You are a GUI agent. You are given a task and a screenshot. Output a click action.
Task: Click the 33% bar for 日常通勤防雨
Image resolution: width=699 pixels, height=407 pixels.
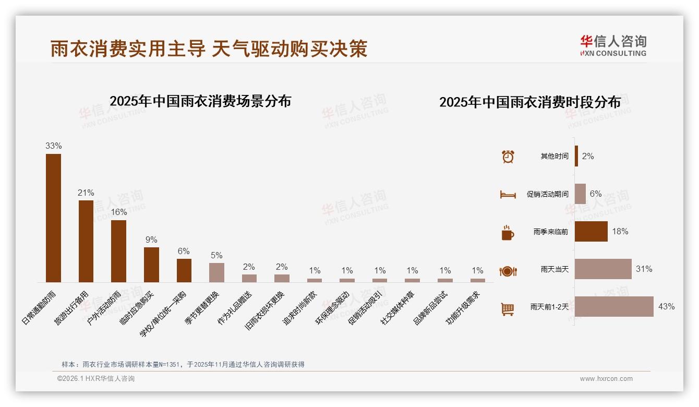(x=53, y=218)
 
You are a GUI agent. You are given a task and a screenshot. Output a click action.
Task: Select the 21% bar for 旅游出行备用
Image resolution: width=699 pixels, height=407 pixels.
(x=86, y=241)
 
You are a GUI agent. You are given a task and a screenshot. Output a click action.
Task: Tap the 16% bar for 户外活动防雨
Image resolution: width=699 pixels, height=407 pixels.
(x=118, y=251)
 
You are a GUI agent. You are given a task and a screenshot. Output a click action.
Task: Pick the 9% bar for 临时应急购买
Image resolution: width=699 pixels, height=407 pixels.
(x=151, y=265)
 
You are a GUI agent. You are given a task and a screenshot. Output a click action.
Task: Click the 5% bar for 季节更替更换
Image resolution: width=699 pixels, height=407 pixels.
(x=216, y=272)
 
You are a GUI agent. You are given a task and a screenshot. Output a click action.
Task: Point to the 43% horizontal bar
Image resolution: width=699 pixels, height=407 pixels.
(x=614, y=306)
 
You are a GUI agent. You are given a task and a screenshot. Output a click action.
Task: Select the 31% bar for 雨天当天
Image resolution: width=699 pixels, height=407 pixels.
(x=603, y=269)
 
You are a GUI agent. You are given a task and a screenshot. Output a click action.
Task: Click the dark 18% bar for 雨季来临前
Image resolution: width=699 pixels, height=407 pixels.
(x=591, y=231)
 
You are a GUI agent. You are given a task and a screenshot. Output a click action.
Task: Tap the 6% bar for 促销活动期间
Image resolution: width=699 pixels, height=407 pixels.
(x=580, y=194)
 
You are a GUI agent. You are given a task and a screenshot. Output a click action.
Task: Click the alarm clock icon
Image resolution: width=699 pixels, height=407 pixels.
(x=508, y=156)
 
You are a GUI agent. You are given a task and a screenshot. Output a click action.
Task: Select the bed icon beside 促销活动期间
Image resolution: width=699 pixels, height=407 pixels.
(x=508, y=194)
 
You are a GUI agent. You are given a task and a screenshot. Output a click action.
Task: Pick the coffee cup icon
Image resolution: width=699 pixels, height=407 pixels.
(x=508, y=232)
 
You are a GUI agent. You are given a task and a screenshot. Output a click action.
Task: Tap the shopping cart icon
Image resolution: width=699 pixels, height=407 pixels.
(x=508, y=309)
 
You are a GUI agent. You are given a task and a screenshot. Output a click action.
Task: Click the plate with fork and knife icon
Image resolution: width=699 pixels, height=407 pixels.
(x=508, y=271)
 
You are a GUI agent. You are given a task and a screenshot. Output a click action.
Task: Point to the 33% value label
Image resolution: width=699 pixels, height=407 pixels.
(x=53, y=146)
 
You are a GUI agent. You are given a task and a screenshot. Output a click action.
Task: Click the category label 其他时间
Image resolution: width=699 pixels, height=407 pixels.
(x=555, y=157)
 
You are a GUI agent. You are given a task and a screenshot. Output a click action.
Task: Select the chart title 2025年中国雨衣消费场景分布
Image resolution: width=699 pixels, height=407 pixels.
(x=200, y=101)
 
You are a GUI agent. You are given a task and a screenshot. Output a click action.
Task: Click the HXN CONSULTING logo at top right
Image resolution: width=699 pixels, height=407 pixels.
(x=613, y=45)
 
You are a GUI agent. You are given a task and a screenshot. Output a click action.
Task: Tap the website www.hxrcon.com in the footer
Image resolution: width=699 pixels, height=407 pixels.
(x=606, y=379)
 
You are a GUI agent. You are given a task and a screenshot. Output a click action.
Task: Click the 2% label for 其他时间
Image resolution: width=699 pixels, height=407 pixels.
(x=588, y=156)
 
